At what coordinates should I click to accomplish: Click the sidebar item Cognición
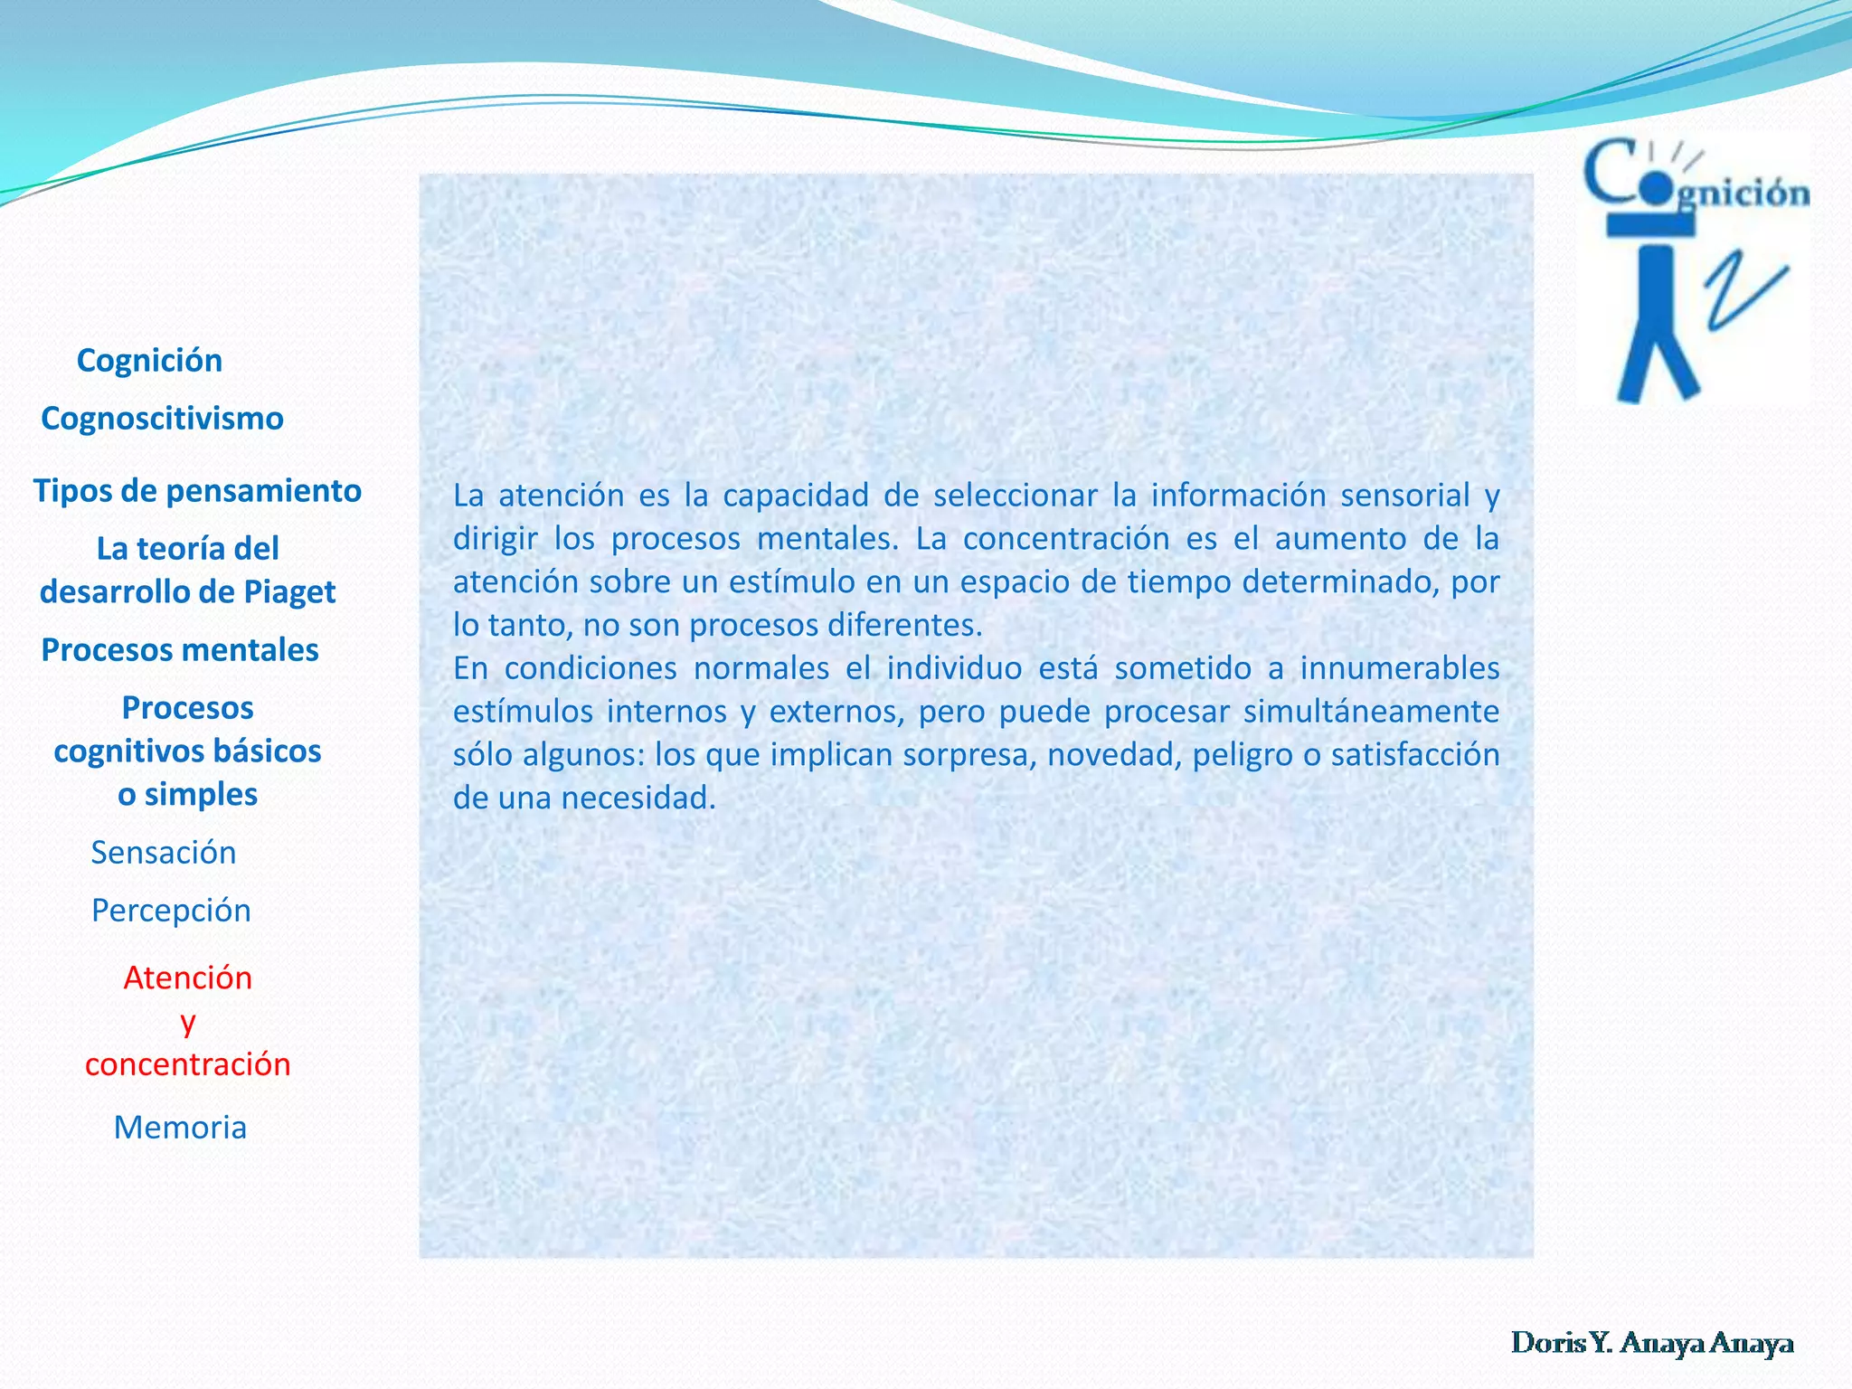(x=149, y=361)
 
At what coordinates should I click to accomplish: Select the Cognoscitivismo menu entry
(x=162, y=419)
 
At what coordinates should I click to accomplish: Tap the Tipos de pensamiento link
(x=197, y=491)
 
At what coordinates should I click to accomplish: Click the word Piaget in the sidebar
(x=289, y=592)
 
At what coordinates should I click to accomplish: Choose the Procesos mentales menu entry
(x=180, y=650)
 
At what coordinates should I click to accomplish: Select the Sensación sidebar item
(x=164, y=853)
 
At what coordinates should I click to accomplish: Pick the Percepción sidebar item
(x=171, y=911)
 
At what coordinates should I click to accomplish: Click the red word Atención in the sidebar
(x=187, y=978)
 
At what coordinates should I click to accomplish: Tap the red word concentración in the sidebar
(x=187, y=1064)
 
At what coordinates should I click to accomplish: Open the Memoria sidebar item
(x=180, y=1128)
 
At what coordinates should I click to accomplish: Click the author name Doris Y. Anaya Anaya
(x=1651, y=1343)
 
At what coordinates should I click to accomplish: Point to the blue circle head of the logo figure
(x=1656, y=189)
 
